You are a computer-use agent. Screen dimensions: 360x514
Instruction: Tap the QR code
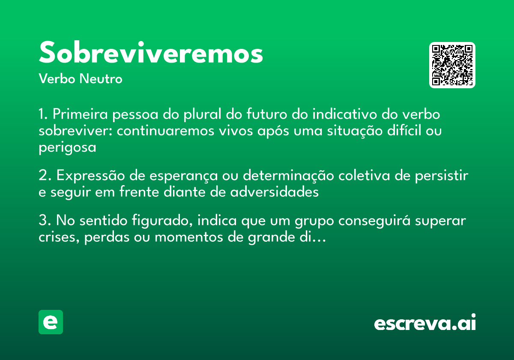[452, 65]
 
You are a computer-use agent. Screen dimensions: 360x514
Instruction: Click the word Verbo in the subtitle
[57, 79]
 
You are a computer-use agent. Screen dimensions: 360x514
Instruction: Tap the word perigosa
[67, 147]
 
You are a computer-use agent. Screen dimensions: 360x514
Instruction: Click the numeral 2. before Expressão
[45, 176]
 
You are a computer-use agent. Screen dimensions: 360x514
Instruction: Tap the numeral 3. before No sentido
[45, 221]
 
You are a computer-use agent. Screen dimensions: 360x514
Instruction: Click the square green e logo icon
[51, 322]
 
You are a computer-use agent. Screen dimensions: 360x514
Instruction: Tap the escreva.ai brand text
[425, 323]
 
